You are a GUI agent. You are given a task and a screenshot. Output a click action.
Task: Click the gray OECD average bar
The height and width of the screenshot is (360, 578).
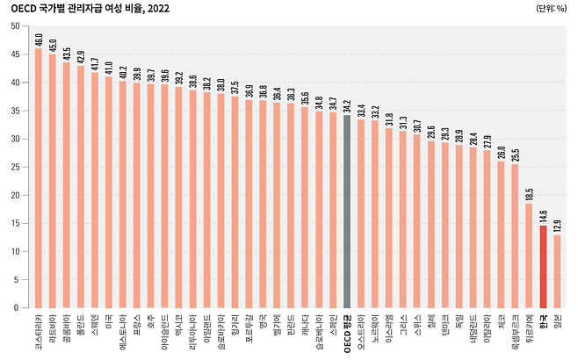(347, 212)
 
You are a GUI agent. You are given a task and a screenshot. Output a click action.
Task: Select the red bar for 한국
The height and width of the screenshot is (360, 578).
(543, 267)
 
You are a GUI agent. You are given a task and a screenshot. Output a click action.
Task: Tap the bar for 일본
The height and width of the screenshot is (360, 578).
(557, 271)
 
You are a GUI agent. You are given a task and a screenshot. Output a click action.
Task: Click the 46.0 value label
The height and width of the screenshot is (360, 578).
(39, 39)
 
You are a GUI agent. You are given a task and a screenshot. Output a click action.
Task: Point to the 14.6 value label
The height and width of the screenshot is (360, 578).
(544, 216)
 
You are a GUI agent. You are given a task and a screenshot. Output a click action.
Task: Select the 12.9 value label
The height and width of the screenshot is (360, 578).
(558, 226)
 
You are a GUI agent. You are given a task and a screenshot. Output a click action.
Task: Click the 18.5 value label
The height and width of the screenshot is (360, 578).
(530, 194)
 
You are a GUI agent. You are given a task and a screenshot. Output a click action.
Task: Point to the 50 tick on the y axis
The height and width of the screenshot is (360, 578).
(15, 26)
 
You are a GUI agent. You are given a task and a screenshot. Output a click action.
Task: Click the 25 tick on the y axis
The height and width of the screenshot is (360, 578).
(15, 167)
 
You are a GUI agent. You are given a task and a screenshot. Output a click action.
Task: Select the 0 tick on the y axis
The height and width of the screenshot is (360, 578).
(18, 308)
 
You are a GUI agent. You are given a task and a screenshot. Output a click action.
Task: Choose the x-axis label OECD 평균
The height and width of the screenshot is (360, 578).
(348, 329)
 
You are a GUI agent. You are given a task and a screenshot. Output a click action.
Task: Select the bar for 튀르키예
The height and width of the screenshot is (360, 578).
(529, 256)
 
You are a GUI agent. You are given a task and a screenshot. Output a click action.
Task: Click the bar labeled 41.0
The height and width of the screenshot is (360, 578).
(108, 192)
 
